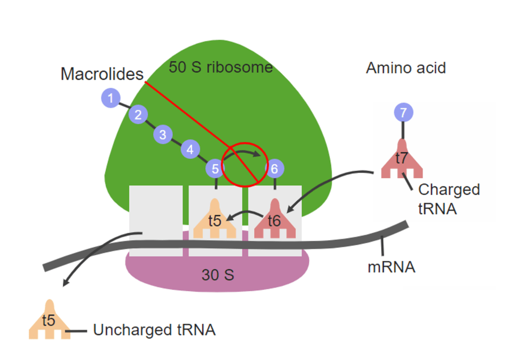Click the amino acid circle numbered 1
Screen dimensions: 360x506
(111, 98)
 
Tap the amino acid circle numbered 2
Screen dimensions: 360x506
(138, 115)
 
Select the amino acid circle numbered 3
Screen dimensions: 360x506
(163, 134)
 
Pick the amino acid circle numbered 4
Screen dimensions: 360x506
(190, 149)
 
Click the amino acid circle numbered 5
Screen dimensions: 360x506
(215, 169)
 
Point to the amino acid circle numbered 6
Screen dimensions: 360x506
(275, 169)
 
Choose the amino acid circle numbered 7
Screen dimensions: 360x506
(403, 113)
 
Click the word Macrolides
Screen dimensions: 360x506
(102, 74)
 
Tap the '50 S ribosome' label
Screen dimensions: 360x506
(221, 67)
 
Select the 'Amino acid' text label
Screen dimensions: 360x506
(406, 68)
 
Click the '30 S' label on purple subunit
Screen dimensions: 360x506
(218, 274)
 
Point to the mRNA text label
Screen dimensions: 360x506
(391, 268)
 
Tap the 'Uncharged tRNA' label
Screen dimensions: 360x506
(154, 330)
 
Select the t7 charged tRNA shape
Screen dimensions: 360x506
(402, 159)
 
